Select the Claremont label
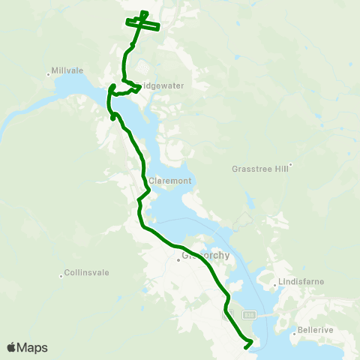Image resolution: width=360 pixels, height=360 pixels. [x=170, y=181]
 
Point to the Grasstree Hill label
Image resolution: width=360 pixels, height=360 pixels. [x=260, y=169]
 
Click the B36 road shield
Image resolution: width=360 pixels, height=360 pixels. [x=250, y=315]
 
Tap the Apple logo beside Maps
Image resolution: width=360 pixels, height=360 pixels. [x=11, y=347]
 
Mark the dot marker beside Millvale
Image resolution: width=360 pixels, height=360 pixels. [x=49, y=73]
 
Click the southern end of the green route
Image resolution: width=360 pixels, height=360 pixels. [x=246, y=347]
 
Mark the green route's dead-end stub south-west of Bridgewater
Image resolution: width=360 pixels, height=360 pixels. [x=112, y=117]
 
